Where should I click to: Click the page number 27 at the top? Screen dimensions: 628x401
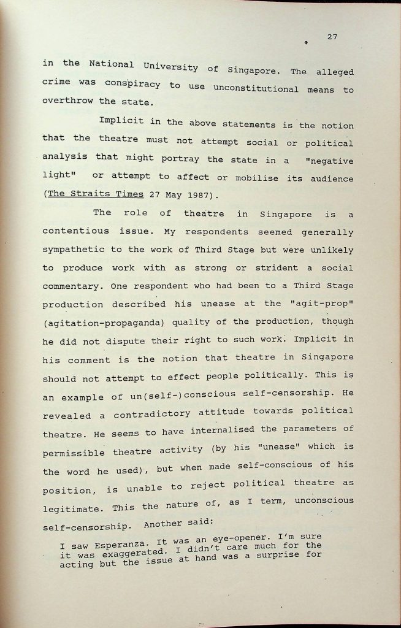coord(332,37)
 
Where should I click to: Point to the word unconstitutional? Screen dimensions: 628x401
coord(256,88)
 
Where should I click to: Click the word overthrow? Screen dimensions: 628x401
coord(67,101)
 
